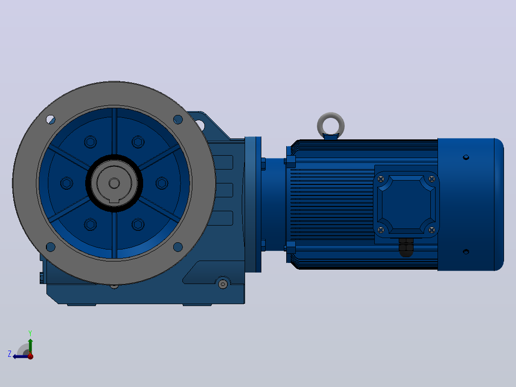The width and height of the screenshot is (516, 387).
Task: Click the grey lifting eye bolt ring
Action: [331, 115]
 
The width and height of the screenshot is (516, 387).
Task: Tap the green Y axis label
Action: [30, 333]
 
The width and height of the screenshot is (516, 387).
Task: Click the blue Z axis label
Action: [10, 354]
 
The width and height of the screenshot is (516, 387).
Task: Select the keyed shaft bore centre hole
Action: [114, 183]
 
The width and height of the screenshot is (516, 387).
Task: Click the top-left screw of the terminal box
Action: [381, 179]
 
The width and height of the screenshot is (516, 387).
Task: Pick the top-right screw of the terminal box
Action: [432, 179]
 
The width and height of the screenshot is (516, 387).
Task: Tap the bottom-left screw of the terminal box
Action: [381, 229]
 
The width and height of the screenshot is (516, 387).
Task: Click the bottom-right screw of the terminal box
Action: [432, 229]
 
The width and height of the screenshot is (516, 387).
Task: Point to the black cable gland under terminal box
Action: [406, 247]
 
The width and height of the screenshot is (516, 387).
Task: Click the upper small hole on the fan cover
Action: [466, 158]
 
